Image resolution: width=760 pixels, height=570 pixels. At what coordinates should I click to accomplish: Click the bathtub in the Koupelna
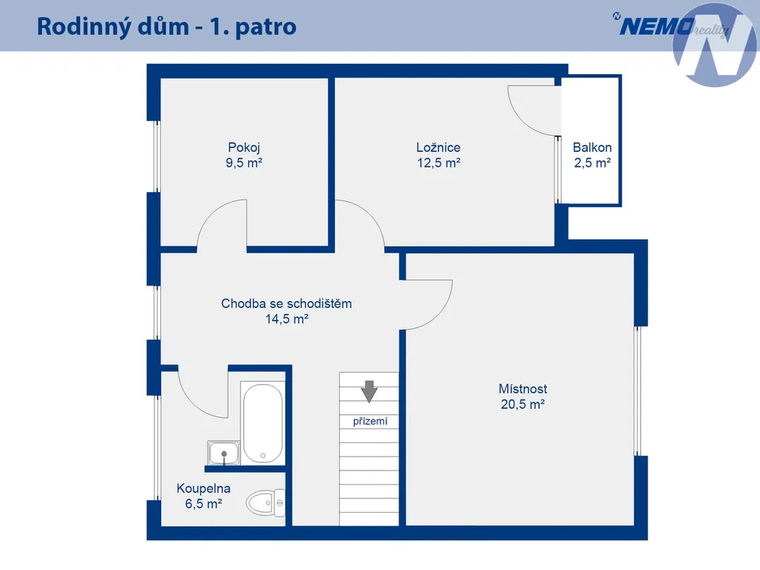click(x=263, y=422)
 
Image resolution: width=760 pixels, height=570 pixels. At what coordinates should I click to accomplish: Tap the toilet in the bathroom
click(x=266, y=502)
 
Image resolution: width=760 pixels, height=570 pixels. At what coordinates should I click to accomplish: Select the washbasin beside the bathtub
click(x=223, y=453)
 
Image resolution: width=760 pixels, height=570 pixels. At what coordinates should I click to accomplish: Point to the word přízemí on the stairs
click(x=370, y=422)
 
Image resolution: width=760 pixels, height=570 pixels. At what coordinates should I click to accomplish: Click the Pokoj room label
click(x=244, y=148)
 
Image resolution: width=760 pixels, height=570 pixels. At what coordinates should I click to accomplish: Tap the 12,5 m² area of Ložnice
click(x=439, y=163)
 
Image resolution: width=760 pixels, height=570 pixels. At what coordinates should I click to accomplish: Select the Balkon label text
click(x=592, y=148)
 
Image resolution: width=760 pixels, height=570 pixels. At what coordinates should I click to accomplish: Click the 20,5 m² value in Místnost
click(x=522, y=404)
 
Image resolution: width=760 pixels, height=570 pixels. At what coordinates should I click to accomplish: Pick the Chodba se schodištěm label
click(x=286, y=304)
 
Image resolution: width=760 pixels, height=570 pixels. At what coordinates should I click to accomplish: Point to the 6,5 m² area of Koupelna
click(x=203, y=504)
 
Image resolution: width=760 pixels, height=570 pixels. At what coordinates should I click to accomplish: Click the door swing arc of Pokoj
click(x=213, y=212)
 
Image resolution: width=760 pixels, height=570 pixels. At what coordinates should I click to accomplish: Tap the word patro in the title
click(x=266, y=27)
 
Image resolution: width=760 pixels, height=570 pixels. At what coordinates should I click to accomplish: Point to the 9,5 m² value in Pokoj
click(x=243, y=163)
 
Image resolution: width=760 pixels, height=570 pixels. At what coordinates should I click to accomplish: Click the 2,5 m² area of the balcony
click(x=592, y=163)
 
